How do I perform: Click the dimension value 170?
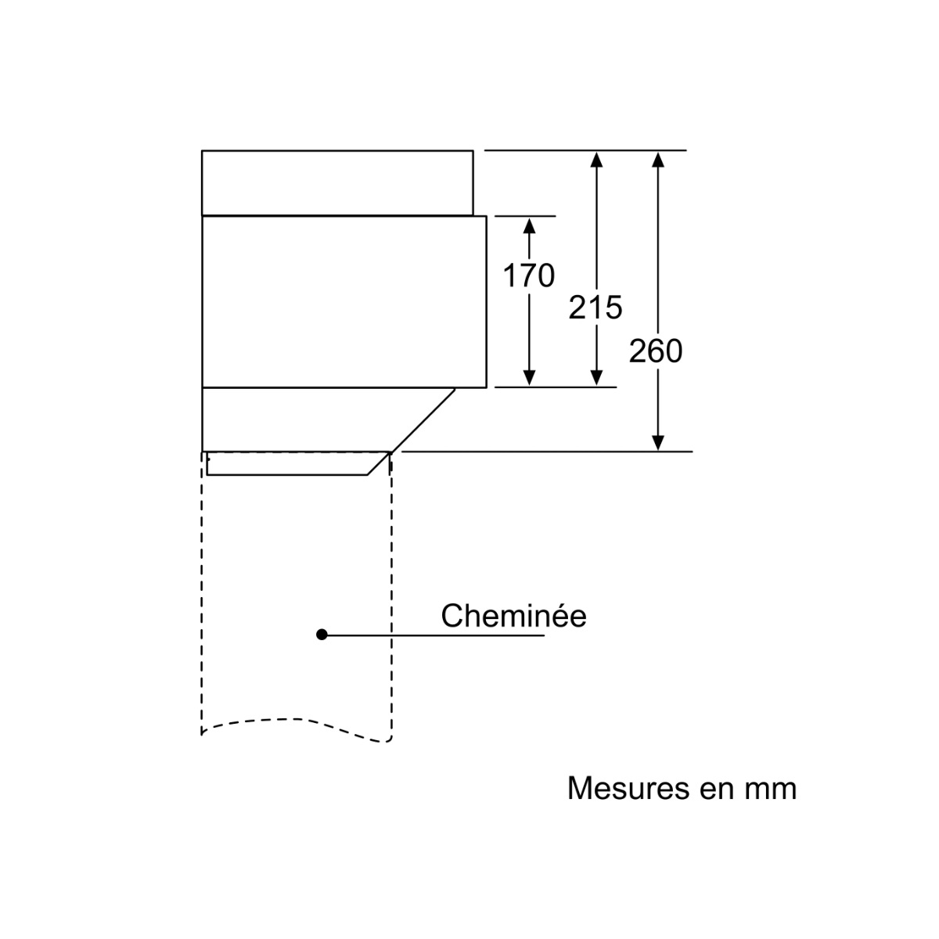[528, 275]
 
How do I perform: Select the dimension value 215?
[595, 308]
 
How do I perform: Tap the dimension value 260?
[656, 351]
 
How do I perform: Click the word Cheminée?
[513, 616]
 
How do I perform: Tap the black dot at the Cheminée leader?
[322, 635]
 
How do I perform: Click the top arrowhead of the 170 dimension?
[529, 225]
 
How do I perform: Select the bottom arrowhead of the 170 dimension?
[529, 378]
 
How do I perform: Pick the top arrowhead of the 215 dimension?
[596, 160]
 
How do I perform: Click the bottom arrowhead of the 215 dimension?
[596, 378]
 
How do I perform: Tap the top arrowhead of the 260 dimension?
[658, 160]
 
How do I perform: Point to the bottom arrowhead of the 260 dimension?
[658, 442]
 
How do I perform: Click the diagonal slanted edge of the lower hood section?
[423, 420]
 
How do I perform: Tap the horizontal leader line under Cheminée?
[433, 635]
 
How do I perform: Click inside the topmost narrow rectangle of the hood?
[337, 183]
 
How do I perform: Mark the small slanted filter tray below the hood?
[297, 463]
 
